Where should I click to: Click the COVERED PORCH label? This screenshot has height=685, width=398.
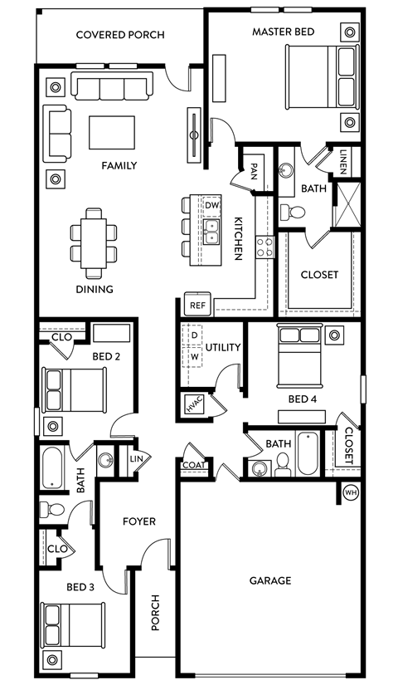click(x=119, y=35)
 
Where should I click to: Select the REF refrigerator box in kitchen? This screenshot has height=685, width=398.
click(x=197, y=305)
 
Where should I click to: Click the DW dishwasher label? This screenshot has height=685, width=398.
click(x=212, y=204)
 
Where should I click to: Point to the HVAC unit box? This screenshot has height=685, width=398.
click(x=194, y=405)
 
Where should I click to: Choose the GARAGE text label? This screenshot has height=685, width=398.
click(x=270, y=580)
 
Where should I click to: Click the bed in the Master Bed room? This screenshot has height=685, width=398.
click(x=322, y=76)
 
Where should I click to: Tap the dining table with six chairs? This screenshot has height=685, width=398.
click(x=93, y=241)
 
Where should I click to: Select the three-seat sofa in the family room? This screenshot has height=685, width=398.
click(x=112, y=86)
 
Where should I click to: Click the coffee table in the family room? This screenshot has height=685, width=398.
click(x=112, y=132)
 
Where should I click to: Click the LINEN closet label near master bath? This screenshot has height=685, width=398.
click(x=343, y=159)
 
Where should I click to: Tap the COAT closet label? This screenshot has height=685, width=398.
click(x=192, y=466)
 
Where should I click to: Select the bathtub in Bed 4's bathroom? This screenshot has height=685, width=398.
click(x=308, y=453)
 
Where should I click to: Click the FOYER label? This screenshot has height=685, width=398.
click(x=139, y=521)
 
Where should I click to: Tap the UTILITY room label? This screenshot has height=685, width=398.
click(x=222, y=347)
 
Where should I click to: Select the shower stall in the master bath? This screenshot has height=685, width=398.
click(x=347, y=203)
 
